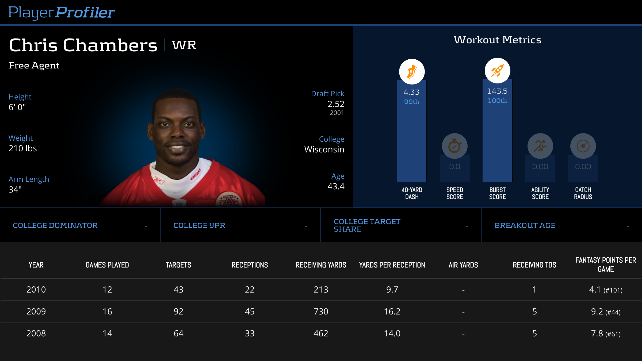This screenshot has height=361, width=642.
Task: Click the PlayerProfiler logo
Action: [62, 12]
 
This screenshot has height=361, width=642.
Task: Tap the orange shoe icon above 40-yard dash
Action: [412, 72]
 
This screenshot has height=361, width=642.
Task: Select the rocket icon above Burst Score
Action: [497, 71]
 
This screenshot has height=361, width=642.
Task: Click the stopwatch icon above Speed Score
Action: [454, 146]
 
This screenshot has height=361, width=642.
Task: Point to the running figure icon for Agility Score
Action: [540, 146]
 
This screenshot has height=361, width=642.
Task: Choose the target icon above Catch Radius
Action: [583, 146]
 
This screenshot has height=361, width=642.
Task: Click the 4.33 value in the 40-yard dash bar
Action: [411, 92]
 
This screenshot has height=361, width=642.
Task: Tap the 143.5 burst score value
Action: [497, 91]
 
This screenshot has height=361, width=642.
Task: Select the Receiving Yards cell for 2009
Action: [321, 312]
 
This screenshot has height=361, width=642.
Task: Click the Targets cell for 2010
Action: [178, 290]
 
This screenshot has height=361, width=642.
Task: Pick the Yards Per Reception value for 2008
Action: [392, 333]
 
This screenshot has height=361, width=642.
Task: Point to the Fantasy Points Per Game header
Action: [606, 265]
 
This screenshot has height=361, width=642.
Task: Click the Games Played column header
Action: [107, 265]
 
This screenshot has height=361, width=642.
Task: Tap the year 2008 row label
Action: [36, 333]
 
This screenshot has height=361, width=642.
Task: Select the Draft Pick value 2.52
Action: [336, 104]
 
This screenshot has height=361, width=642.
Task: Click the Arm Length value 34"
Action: [15, 190]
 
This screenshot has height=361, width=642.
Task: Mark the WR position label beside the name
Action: [184, 45]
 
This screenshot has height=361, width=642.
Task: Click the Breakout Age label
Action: [525, 225]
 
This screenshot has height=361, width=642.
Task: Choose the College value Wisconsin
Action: [324, 149]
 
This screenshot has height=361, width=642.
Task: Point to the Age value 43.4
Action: [336, 186]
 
